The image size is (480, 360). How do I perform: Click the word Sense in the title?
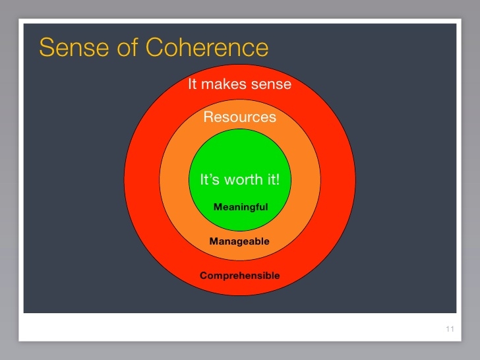coord(74,47)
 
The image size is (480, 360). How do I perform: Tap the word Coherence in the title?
coord(207,47)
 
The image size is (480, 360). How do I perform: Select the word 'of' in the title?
coord(127,47)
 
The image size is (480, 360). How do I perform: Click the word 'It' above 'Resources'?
coord(193,84)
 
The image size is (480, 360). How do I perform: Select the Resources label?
coord(240,117)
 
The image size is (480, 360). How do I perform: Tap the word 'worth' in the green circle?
coord(244,179)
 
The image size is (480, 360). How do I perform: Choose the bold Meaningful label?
coord(241,207)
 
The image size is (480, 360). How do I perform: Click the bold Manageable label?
coord(239,241)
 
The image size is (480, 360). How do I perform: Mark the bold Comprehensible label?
coord(240,276)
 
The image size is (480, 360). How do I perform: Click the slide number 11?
coord(450,329)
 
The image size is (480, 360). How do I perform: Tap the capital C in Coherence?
coord(154,47)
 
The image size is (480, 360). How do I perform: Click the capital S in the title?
coord(46,47)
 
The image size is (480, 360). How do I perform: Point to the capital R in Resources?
coord(208,117)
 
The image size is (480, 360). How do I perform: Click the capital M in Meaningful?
coord(218,207)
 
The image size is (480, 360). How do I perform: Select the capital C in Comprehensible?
coord(204,275)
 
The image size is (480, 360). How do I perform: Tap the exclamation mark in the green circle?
coord(278,179)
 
